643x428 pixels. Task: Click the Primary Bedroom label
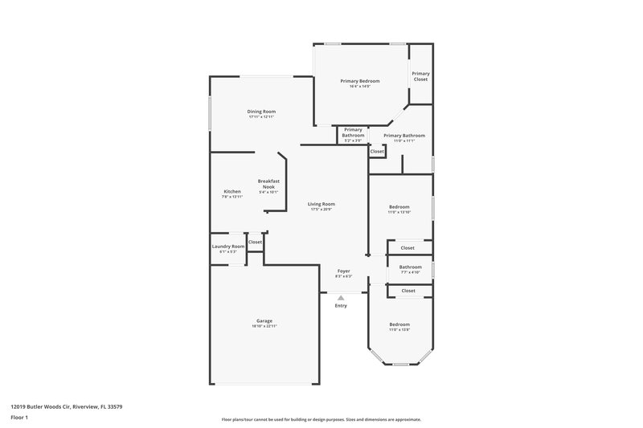click(x=359, y=81)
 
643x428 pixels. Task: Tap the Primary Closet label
click(x=420, y=76)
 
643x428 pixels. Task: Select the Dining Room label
click(x=261, y=111)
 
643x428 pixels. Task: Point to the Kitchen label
click(x=232, y=192)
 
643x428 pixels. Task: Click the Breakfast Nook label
click(x=268, y=184)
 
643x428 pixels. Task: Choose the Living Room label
click(x=321, y=204)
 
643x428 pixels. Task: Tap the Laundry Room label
click(x=227, y=247)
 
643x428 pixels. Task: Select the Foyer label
click(x=343, y=271)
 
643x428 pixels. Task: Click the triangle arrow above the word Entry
click(x=341, y=298)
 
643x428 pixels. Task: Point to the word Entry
click(x=341, y=305)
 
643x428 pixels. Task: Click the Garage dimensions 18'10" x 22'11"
click(x=264, y=326)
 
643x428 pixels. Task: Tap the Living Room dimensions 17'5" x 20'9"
click(x=321, y=210)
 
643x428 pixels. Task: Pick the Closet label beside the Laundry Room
click(x=255, y=242)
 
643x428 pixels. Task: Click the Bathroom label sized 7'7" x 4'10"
click(x=410, y=267)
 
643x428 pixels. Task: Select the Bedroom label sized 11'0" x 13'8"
click(x=399, y=324)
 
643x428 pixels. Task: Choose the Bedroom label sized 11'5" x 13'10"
click(x=399, y=207)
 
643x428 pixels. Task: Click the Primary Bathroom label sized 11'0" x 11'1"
click(x=403, y=135)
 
